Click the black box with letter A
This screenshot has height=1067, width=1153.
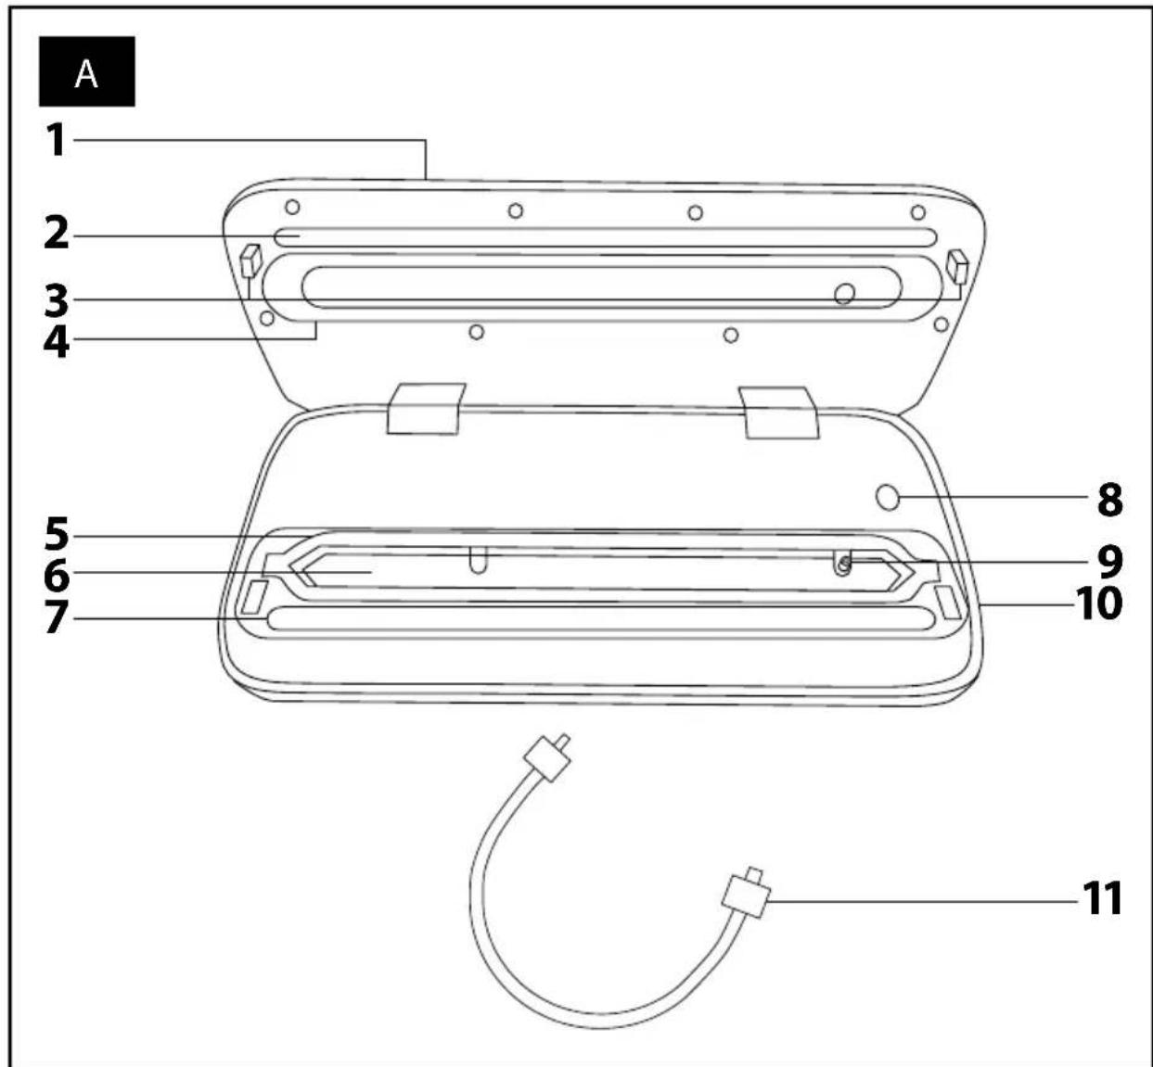(x=86, y=71)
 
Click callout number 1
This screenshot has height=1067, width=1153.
(x=57, y=140)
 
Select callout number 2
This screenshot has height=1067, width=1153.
(x=57, y=234)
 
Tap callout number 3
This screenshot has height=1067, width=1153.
(x=57, y=300)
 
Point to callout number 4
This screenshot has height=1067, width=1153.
(x=57, y=341)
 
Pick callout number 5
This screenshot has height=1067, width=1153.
(x=57, y=534)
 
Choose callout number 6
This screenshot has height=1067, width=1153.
(x=57, y=575)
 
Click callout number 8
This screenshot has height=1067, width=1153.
(x=1110, y=499)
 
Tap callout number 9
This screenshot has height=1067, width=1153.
(x=1110, y=562)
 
